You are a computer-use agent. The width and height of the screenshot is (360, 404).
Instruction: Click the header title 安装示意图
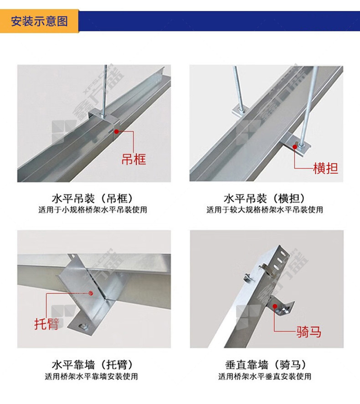coord(40,21)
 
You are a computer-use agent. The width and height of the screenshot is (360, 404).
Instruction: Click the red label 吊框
coord(134,159)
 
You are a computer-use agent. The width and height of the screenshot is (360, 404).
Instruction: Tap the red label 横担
coord(325,169)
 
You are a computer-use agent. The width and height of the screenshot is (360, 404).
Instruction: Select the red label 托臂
coord(46,324)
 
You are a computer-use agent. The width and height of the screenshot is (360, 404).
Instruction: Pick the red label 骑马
coord(309,332)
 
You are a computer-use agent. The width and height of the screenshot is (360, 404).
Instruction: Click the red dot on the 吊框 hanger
coord(117,132)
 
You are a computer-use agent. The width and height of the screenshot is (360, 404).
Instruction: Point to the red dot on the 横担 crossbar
coord(295,147)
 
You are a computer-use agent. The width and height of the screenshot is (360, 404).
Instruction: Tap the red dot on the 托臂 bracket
coord(91,293)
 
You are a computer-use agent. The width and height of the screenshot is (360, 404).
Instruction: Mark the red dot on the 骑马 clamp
coord(275,307)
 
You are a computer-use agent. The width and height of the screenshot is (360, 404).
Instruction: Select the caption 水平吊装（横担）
coord(265,199)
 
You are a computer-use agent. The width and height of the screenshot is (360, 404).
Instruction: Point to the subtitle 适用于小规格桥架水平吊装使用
coord(93,210)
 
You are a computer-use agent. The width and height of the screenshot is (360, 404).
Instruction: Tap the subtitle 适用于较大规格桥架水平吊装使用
coord(265,210)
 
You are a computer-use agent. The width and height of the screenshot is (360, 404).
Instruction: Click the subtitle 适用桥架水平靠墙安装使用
coord(91,376)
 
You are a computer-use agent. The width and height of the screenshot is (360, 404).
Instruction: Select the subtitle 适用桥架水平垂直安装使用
coord(265,376)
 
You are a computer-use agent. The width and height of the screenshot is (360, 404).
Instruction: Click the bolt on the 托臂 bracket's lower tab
coord(84,327)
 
